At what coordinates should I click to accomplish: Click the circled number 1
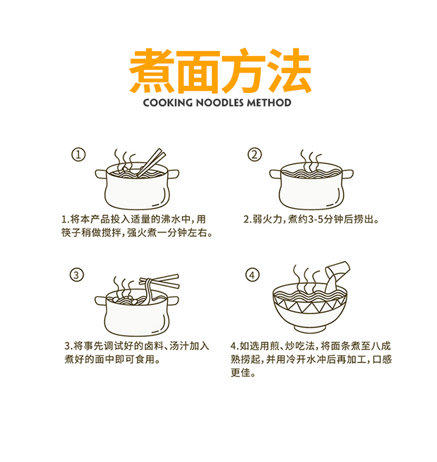79,154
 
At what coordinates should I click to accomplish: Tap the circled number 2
255,154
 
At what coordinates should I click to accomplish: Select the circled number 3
77,275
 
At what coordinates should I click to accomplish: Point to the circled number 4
252,275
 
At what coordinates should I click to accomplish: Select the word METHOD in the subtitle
269,102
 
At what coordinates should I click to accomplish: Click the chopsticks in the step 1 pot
151,162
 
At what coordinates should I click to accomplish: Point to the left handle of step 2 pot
275,174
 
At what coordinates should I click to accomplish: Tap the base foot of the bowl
310,328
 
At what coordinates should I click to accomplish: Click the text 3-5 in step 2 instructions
315,219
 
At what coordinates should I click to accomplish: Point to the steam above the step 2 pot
311,161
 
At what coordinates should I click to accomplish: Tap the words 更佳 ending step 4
240,373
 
